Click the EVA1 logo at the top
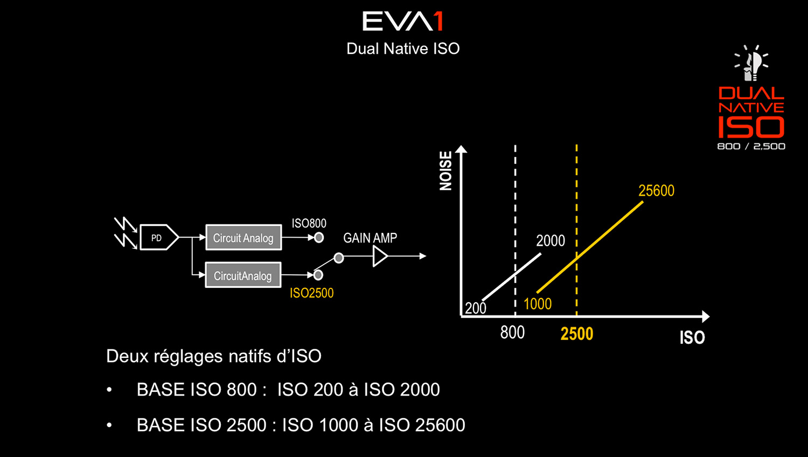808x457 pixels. pos(402,21)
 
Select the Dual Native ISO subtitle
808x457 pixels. pos(403,49)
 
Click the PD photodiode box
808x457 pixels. pos(159,237)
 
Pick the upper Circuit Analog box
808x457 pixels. pos(243,238)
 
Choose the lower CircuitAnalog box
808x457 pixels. pos(243,275)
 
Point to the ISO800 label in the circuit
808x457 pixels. pos(309,224)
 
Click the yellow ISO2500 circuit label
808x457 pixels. pos(312,293)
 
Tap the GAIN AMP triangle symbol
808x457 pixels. pos(380,257)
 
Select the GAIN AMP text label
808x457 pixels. pos(370,238)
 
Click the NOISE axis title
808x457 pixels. pos(446,171)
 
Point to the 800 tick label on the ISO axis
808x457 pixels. pos(512,333)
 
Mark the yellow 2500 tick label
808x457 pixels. pos(577,334)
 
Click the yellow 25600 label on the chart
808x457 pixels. pos(656,191)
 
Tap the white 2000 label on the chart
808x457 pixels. pos(551,241)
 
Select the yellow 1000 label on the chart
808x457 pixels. pos(538,304)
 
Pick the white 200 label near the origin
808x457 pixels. pos(476,308)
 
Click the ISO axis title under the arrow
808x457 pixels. pos(692,338)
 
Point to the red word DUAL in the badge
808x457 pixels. pos(751,93)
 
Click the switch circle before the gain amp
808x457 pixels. pos(339,258)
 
